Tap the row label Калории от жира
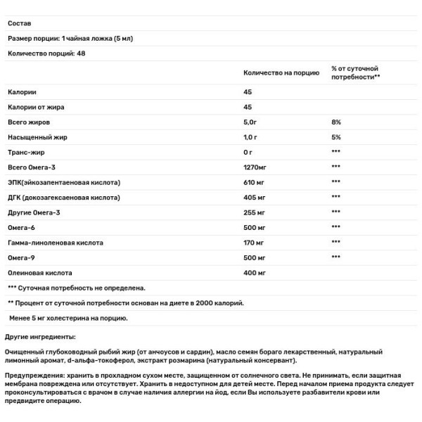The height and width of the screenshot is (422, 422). coord(34,107)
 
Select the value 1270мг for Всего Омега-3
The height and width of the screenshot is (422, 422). coord(257,167)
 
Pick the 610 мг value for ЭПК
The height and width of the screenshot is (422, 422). coord(255,182)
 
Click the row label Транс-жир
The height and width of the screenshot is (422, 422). coord(27,152)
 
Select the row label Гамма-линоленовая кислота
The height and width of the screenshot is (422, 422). coord(55,242)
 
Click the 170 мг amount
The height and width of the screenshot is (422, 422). coord(255,242)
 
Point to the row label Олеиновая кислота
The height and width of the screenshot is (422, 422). coord(39,271)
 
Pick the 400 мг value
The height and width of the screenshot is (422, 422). coord(255,271)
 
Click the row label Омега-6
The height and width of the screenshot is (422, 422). coord(23,226)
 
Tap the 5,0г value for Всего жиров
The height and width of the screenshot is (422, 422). coord(252,122)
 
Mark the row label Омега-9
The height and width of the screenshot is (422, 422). coord(23,257)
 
